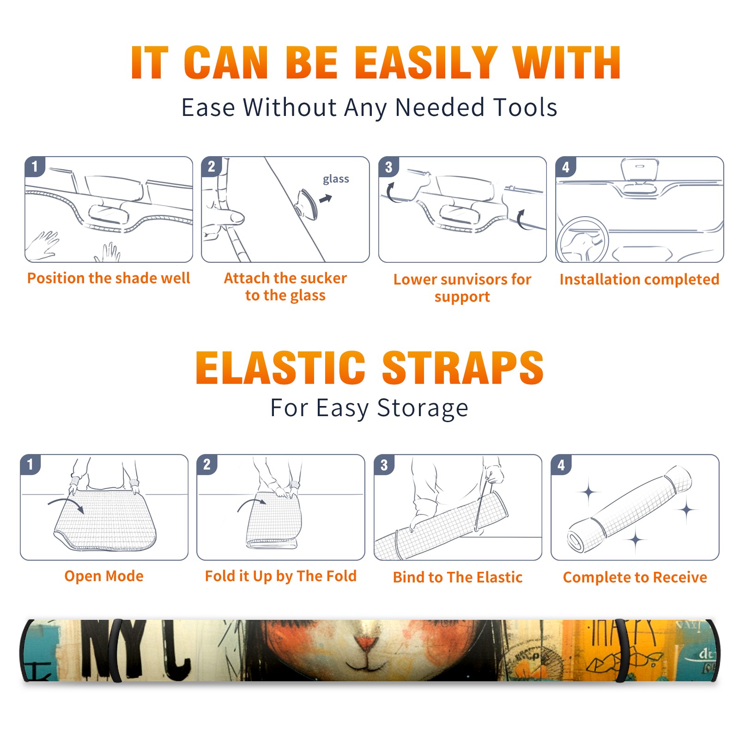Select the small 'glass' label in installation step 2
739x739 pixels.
click(x=336, y=179)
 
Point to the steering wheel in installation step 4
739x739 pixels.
click(x=582, y=240)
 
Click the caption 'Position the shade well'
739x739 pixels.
click(x=109, y=278)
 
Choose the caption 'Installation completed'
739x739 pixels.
click(x=639, y=279)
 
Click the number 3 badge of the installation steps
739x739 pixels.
click(x=388, y=167)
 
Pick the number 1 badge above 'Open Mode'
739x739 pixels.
click(x=30, y=465)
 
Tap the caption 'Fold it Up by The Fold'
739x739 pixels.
click(x=281, y=576)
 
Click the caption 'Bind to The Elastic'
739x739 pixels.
click(x=458, y=577)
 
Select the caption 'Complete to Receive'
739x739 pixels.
click(x=635, y=577)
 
